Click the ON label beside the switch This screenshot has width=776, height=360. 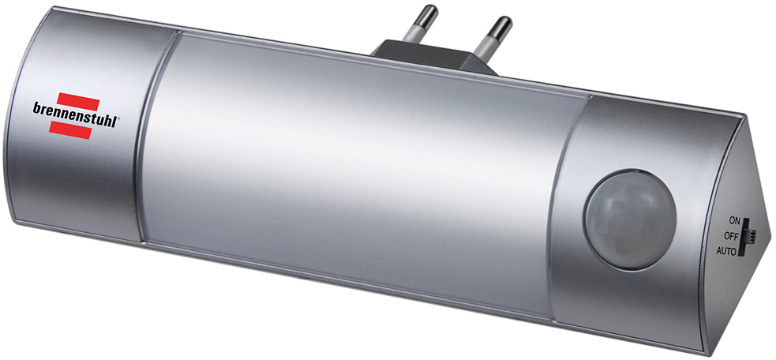coord(734,221)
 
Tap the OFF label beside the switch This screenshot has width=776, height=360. coord(731,236)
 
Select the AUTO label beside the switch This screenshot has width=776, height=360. coord(726,250)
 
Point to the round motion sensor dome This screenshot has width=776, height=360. coord(629,219)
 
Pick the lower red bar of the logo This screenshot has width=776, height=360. coord(69,129)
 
